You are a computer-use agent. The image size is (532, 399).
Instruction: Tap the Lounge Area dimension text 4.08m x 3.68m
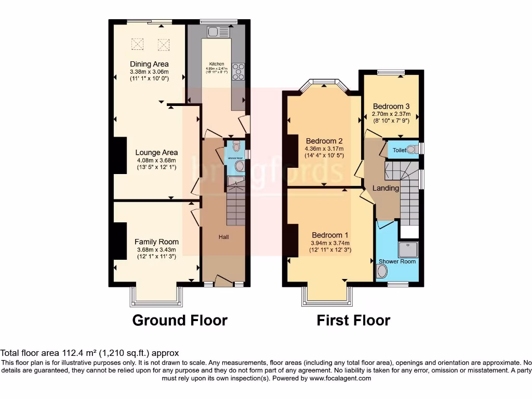tap(156, 161)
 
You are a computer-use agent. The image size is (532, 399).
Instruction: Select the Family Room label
tap(156, 242)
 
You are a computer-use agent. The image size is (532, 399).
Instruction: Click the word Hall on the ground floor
tap(224, 237)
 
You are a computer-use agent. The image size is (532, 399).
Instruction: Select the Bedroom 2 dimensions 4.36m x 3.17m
tap(324, 149)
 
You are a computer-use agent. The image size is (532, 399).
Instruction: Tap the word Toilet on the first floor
tap(399, 150)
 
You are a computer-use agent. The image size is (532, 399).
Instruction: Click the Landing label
tap(385, 188)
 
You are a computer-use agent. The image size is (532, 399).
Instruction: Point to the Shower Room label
tap(397, 261)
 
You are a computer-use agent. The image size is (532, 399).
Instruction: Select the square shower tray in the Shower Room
tap(407, 249)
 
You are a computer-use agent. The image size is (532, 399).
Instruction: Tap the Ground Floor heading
tap(180, 320)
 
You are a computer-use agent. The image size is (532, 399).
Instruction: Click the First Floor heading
tap(353, 320)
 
